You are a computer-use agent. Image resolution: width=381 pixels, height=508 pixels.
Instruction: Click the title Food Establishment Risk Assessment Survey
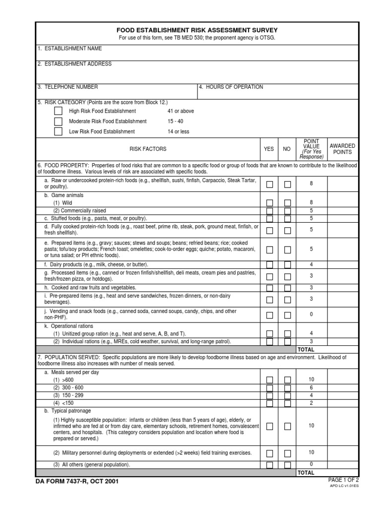pyautogui.click(x=197, y=30)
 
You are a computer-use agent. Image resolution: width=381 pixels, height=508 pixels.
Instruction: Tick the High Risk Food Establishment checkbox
pyautogui.click(x=59, y=111)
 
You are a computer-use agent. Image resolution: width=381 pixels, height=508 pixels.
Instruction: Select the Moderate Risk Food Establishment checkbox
pyautogui.click(x=59, y=121)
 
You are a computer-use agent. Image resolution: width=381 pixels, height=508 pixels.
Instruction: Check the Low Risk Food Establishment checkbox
pyautogui.click(x=59, y=131)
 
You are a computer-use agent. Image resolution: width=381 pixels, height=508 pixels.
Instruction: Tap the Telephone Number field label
pyautogui.click(x=67, y=87)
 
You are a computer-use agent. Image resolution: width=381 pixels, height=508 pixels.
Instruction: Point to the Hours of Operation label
pyautogui.click(x=231, y=87)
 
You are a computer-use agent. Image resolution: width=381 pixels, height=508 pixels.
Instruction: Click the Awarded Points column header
pyautogui.click(x=342, y=149)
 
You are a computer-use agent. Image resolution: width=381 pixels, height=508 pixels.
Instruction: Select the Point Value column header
pyautogui.click(x=311, y=149)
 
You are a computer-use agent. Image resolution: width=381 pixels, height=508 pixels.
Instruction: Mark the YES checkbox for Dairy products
pyautogui.click(x=269, y=264)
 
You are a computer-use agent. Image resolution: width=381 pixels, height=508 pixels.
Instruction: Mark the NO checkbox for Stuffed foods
pyautogui.click(x=287, y=218)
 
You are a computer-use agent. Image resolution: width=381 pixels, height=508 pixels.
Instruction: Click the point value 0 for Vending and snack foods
pyautogui.click(x=311, y=315)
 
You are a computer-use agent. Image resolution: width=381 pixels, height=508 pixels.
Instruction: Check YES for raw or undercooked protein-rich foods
pyautogui.click(x=269, y=184)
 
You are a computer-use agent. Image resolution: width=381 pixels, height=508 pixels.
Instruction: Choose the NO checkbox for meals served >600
pyautogui.click(x=287, y=380)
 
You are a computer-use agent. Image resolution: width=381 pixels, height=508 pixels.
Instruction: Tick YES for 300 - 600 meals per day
pyautogui.click(x=269, y=387)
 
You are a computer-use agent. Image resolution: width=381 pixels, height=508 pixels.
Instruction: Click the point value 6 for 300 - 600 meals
pyautogui.click(x=311, y=387)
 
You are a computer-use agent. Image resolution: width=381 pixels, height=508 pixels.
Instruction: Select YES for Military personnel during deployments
pyautogui.click(x=269, y=453)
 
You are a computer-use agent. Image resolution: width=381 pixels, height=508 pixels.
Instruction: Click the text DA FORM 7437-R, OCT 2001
pyautogui.click(x=77, y=481)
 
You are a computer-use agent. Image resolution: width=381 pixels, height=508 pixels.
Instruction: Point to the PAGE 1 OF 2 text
pyautogui.click(x=343, y=480)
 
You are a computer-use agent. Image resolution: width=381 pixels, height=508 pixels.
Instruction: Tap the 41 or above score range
pyautogui.click(x=181, y=111)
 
